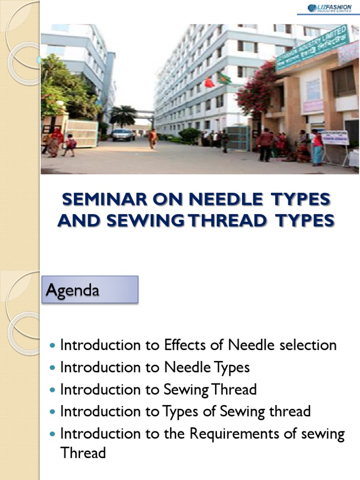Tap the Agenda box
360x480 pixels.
pyautogui.click(x=90, y=289)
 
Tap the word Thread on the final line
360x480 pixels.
pyautogui.click(x=83, y=453)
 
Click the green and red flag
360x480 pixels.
pyautogui.click(x=224, y=78)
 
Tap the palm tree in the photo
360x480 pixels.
pyautogui.click(x=123, y=115)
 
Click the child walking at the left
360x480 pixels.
pyautogui.click(x=70, y=145)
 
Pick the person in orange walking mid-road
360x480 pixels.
pyautogui.click(x=153, y=139)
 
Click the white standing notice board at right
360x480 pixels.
pyautogui.click(x=335, y=138)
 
